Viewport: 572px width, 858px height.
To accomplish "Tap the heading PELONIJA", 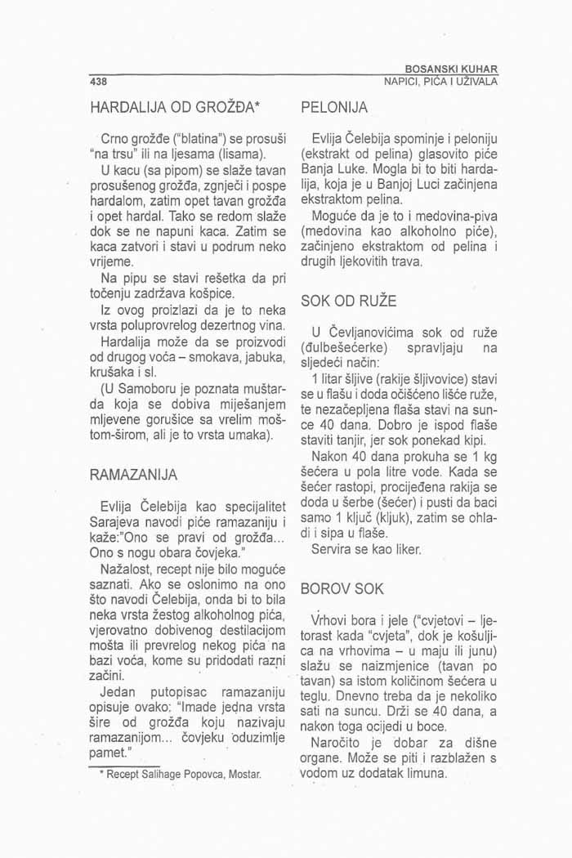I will pos(335,107).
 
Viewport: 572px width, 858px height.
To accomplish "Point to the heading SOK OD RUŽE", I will pos(349,302).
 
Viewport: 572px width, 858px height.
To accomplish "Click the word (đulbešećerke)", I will pos(342,346).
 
